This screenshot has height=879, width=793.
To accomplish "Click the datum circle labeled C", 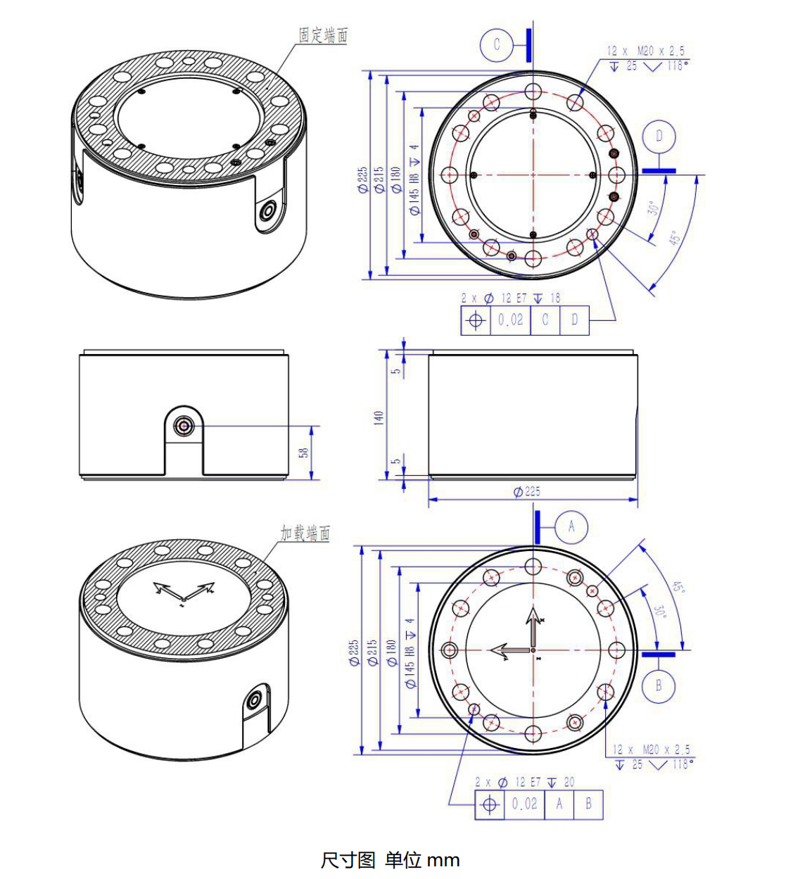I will pyautogui.click(x=497, y=44).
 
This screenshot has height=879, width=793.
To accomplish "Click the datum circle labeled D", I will pyautogui.click(x=659, y=136).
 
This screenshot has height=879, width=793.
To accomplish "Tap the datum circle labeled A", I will pyautogui.click(x=571, y=526).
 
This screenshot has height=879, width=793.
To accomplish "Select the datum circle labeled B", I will pyautogui.click(x=659, y=685).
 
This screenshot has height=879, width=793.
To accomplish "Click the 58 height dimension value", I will pyautogui.click(x=304, y=452).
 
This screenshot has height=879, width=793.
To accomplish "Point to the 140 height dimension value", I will pyautogui.click(x=379, y=417).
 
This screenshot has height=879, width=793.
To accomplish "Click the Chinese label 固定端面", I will pyautogui.click(x=323, y=34).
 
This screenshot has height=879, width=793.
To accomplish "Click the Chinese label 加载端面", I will pyautogui.click(x=305, y=533).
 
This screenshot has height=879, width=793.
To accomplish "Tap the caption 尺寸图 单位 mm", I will pyautogui.click(x=390, y=860).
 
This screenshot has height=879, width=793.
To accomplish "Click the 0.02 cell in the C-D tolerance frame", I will pyautogui.click(x=511, y=320).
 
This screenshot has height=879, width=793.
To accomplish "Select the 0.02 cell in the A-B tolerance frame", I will pyautogui.click(x=524, y=804).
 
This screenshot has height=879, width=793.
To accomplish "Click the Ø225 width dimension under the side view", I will pyautogui.click(x=527, y=491).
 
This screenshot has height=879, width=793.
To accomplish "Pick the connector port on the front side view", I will pyautogui.click(x=184, y=426).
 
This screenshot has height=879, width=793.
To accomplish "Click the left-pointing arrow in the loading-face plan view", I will pyautogui.click(x=504, y=650).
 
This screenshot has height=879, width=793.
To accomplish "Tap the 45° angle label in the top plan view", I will pyautogui.click(x=675, y=238).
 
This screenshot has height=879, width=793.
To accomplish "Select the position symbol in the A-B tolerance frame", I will pyautogui.click(x=490, y=804).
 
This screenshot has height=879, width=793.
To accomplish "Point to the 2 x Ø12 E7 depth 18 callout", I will pyautogui.click(x=511, y=298).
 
